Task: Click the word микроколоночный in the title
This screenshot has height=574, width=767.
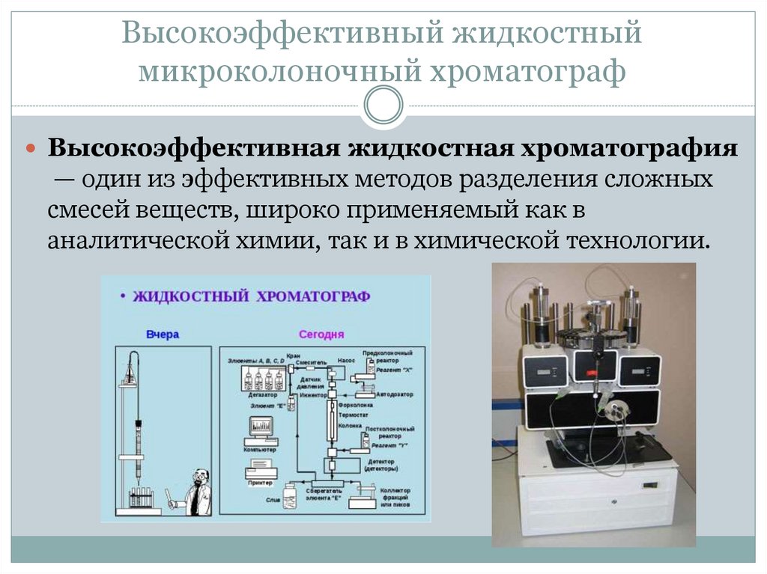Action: (277, 73)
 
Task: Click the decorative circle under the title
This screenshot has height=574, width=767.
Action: (383, 105)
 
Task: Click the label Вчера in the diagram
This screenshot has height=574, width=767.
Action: (163, 335)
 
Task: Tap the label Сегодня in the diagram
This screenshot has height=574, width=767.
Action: (321, 334)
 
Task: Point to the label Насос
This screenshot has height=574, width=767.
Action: (345, 360)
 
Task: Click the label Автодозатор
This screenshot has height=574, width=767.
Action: (396, 394)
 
